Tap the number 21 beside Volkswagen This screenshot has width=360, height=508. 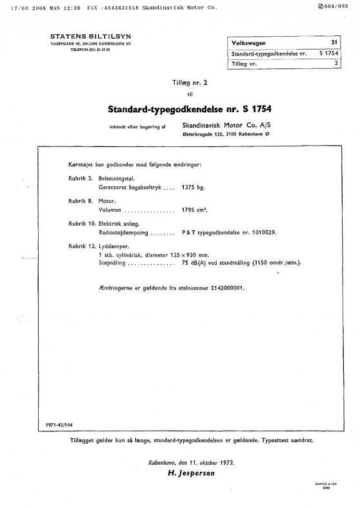[334, 41]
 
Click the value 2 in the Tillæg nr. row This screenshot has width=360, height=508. [335, 63]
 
